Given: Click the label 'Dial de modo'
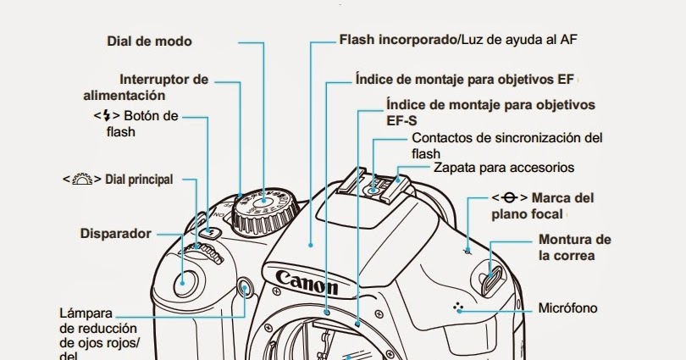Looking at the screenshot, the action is click(x=149, y=41).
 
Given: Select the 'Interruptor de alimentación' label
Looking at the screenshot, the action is click(x=146, y=87).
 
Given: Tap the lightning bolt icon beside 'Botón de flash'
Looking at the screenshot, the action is click(x=106, y=116).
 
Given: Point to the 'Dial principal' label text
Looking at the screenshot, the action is click(x=139, y=180).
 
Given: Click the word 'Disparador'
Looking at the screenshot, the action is click(x=115, y=233).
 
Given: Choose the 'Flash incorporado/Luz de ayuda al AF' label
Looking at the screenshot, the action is click(x=457, y=39).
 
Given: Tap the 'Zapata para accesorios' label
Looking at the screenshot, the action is click(x=504, y=167).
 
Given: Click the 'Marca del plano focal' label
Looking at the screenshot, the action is click(x=542, y=206).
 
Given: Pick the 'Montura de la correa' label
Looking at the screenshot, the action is click(x=574, y=246).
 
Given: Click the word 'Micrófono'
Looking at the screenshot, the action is click(x=567, y=307).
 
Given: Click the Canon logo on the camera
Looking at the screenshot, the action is click(x=307, y=281).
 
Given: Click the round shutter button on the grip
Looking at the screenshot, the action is click(x=186, y=279).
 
